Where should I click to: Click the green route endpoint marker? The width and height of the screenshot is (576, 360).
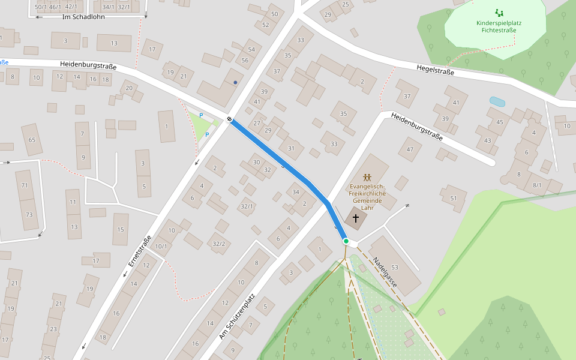coord(346,241)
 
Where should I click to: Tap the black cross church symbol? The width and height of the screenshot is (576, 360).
coord(355,218)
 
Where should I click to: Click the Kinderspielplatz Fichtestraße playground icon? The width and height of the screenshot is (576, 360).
coord(499,12)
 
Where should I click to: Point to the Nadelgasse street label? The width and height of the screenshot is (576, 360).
coord(385,272)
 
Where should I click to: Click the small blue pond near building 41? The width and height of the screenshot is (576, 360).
coord(497,101)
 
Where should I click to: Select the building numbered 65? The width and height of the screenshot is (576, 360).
coord(32,140)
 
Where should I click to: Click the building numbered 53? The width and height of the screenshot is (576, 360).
coord(394,267)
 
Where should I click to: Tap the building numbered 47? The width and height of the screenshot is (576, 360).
coord(410,149)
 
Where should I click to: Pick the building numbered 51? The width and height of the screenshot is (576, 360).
coord(454,198)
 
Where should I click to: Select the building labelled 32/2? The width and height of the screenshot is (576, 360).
coord(218,243)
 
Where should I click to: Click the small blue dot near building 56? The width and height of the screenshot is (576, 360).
coord(236,82)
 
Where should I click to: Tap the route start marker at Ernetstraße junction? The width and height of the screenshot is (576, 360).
coord(230,119)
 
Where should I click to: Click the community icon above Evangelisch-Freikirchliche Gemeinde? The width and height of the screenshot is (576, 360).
coord(367,178)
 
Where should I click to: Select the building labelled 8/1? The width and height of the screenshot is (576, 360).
coord(536,185)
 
